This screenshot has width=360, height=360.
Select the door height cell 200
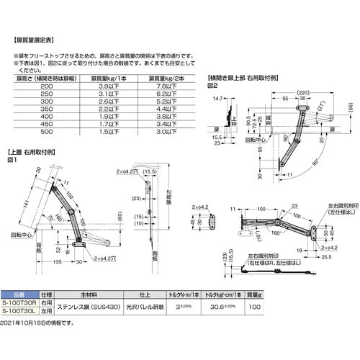point(48,86)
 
